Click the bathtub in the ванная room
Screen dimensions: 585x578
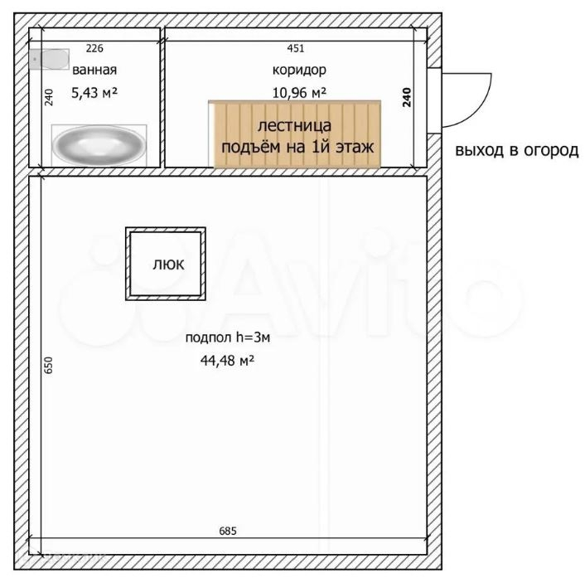click(x=99, y=145)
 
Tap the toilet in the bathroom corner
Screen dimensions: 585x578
click(x=49, y=59)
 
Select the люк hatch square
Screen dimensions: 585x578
click(x=166, y=264)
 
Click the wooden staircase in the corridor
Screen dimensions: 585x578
click(x=295, y=134)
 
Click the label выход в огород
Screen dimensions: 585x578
click(x=517, y=150)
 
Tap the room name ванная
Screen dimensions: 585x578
click(x=94, y=70)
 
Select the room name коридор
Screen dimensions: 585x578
click(x=299, y=70)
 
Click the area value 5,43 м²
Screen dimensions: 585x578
click(x=94, y=92)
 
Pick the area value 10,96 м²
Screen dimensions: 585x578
click(x=299, y=93)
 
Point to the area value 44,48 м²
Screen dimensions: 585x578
click(x=228, y=360)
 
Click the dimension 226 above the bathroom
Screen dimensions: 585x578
click(x=94, y=48)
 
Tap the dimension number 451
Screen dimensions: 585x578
click(x=296, y=48)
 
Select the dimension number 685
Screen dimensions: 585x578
click(x=228, y=531)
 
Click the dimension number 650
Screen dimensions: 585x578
click(x=49, y=365)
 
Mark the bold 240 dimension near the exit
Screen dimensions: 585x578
click(x=407, y=98)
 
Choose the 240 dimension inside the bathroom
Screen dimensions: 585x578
click(x=49, y=97)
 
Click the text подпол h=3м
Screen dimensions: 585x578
click(x=228, y=338)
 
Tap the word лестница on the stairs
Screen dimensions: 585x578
click(x=294, y=125)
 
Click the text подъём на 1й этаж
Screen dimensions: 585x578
click(x=297, y=147)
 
